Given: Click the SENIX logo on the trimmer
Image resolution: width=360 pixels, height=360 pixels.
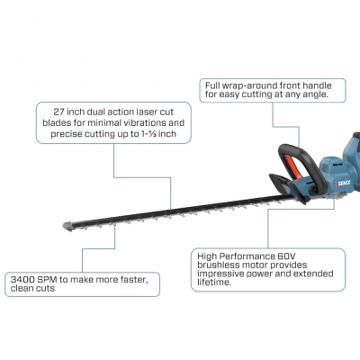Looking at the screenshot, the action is coord(342,183).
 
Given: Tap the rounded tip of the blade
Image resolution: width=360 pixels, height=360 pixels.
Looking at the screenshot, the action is coord(67,226).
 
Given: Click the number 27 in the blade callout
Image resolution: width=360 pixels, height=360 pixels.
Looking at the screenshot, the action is coord(58,112).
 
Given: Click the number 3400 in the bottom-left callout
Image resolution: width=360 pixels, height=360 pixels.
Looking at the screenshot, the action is coord(22,280).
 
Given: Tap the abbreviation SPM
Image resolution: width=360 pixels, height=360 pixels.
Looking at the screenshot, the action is coord(48,280).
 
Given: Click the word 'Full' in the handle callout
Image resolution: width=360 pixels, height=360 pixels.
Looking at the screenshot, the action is coord(211,85).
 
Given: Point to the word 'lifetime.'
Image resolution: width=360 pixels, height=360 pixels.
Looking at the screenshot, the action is coord(214,283).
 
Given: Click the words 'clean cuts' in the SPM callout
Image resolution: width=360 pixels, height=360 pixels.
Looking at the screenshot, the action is coord(32,289).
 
